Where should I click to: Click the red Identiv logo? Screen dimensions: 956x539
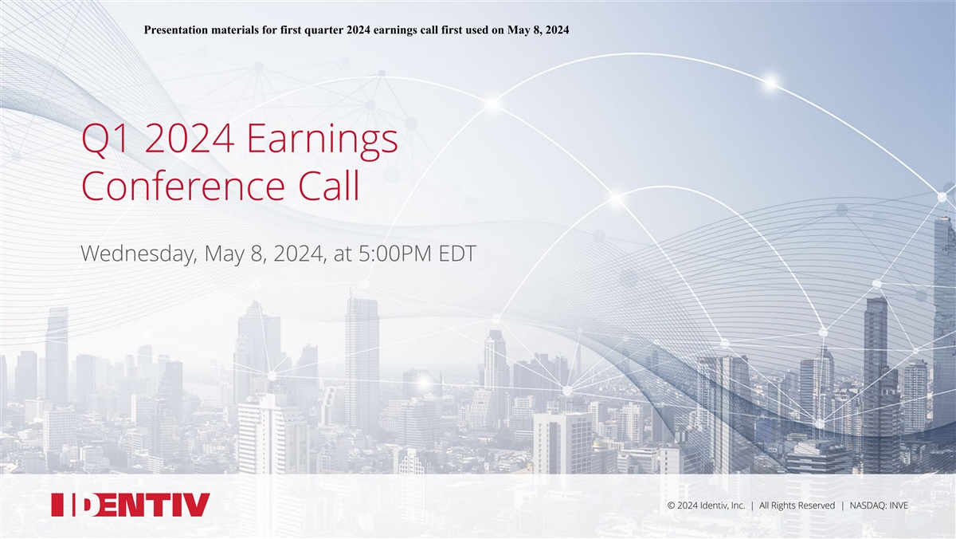pos(131,505)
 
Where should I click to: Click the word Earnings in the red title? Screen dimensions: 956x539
pos(322,140)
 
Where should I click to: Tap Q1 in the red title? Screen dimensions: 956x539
pos(105,139)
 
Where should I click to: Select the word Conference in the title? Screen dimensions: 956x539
pos(183,186)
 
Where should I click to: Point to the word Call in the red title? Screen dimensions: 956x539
pos(328,185)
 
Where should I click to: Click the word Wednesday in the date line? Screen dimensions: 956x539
pos(139,254)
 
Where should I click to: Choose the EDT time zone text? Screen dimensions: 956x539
pos(457,254)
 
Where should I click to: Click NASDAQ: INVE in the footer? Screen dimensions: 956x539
pos(879,506)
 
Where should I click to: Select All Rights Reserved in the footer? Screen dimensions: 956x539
pos(797,506)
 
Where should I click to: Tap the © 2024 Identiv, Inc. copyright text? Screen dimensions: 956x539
pos(706,506)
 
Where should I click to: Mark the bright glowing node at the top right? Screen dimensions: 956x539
pos(771,81)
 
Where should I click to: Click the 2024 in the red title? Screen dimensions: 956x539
pos(190,139)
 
